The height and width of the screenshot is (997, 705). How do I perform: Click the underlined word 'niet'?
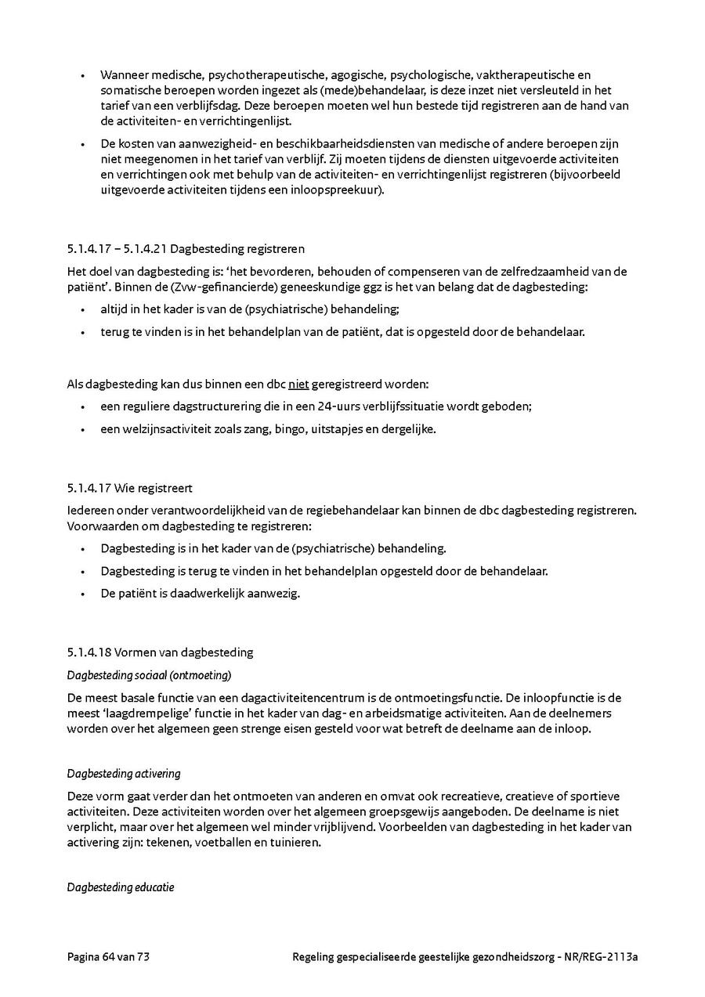pyautogui.click(x=298, y=385)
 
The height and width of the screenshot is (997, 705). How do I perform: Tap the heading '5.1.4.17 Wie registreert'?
pyautogui.click(x=129, y=488)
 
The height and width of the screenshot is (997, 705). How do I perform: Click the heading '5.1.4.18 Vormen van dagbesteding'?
pyautogui.click(x=160, y=652)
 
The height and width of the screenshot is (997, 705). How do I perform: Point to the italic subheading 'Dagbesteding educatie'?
pyautogui.click(x=121, y=887)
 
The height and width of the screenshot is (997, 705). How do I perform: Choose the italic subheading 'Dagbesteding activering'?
pyautogui.click(x=124, y=774)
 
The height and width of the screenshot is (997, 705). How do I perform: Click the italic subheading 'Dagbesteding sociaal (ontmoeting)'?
pyautogui.click(x=149, y=675)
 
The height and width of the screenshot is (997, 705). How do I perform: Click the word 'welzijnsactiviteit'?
pyautogui.click(x=145, y=429)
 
